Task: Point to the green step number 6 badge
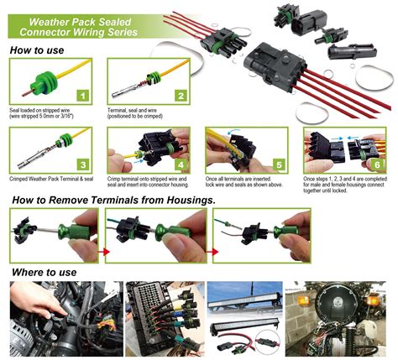(376, 164)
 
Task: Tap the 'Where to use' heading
(44, 272)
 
